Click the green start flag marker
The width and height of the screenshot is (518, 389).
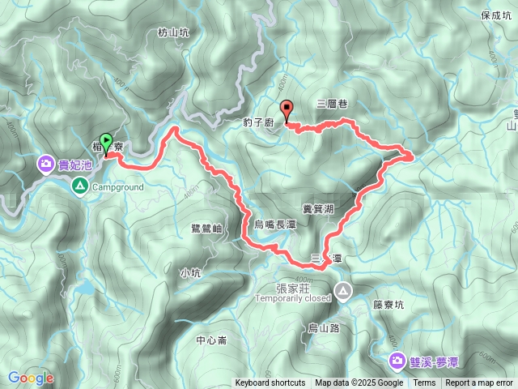tap(106, 144)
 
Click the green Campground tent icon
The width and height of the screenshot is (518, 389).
tap(80, 187)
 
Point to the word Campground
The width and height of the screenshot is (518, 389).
tap(117, 187)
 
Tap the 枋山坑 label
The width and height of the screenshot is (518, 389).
tap(173, 33)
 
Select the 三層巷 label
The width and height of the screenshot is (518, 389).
tap(332, 104)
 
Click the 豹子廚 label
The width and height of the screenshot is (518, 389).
tap(259, 123)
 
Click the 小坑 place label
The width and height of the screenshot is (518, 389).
tap(191, 273)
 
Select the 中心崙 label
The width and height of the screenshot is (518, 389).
tap(211, 340)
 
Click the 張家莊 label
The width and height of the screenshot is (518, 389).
tap(295, 288)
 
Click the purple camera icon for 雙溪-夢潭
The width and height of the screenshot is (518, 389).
tap(397, 360)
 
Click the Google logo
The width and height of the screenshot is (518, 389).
tap(31, 378)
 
